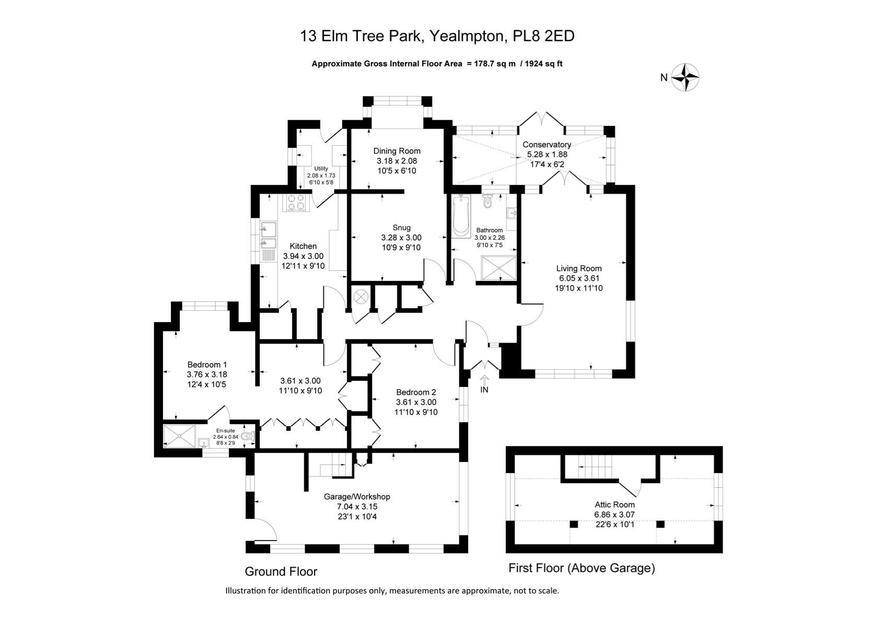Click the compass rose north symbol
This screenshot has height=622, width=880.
tap(685, 78)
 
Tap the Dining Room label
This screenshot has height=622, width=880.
tap(397, 151)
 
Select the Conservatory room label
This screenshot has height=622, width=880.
tap(547, 145)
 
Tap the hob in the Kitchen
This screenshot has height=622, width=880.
tap(296, 202)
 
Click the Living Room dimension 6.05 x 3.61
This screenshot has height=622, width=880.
tap(579, 278)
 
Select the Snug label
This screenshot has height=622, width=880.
tap(401, 228)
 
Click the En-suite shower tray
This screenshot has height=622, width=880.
tap(179, 436)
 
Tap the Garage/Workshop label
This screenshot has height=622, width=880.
tap(357, 497)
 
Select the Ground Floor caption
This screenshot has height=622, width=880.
tap(281, 571)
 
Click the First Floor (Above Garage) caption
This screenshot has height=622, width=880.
tap(582, 568)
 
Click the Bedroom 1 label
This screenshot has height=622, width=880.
tap(207, 365)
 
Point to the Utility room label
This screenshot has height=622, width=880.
tap(321, 169)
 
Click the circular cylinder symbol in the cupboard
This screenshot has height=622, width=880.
tap(361, 297)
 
